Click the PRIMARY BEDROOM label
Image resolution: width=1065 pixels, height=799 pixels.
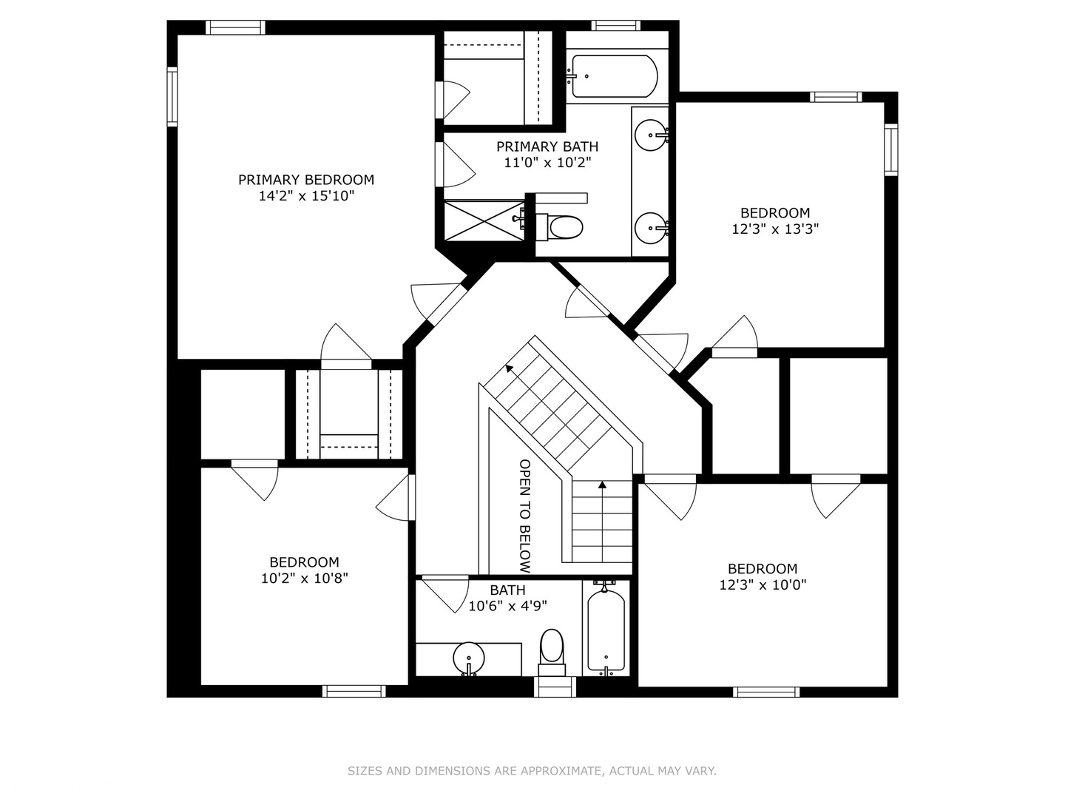coord(306,180)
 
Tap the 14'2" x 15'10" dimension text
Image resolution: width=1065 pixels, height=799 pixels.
coord(306,196)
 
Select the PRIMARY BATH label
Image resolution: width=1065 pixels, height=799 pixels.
coord(547,146)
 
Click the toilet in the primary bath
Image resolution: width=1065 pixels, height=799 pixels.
coord(559,227)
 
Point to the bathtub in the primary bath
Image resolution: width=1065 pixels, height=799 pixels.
coord(615,76)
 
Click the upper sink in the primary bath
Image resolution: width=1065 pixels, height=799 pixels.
coord(651,135)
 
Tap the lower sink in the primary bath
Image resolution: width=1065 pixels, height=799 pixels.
coord(651,228)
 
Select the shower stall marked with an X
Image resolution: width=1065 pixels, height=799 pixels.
coord(484,220)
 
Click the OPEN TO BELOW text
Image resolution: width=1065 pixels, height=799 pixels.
coord(525,516)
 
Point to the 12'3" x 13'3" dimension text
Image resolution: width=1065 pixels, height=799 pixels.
coord(775,229)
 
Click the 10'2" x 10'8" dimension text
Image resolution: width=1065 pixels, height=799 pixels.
coord(305,579)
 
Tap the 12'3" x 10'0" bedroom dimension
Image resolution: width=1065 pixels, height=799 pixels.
coord(763,584)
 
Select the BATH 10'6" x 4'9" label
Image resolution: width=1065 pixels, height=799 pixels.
coord(507,598)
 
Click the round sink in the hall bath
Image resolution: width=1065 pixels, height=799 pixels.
coord(469,658)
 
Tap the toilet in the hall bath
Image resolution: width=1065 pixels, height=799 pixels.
coord(552,653)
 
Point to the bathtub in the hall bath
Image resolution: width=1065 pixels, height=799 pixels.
coord(606,631)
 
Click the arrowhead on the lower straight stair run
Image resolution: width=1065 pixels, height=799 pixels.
coord(602,485)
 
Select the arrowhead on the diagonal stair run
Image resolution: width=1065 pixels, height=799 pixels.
coord(509,368)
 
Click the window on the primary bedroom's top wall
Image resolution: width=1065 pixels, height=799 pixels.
coord(235,27)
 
